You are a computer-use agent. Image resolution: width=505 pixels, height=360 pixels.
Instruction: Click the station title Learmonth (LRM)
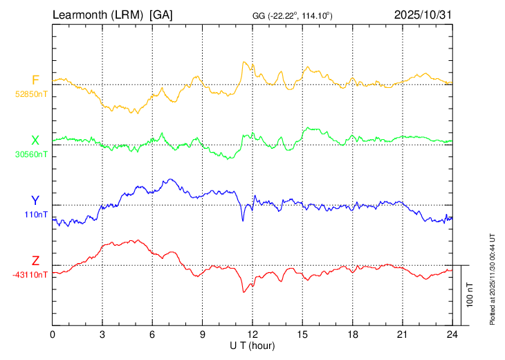(x=98, y=15)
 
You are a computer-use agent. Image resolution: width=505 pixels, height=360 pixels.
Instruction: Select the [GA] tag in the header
(x=161, y=15)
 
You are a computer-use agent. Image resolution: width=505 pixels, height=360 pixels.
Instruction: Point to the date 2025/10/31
(x=422, y=15)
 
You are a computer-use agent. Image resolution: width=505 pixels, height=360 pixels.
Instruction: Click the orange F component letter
(x=35, y=80)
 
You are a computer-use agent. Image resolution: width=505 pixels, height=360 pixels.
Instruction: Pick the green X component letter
(x=35, y=141)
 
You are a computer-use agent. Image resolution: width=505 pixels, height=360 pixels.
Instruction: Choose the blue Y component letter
(x=35, y=201)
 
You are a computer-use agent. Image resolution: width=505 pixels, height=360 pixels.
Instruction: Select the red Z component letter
(x=35, y=261)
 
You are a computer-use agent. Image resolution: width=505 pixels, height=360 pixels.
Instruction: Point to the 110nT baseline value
(x=36, y=215)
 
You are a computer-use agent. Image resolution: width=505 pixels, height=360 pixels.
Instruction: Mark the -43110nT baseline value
(x=30, y=275)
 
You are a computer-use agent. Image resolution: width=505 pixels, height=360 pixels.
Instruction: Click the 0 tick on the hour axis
(x=53, y=334)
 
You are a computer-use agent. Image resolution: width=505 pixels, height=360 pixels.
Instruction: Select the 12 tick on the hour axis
(x=252, y=334)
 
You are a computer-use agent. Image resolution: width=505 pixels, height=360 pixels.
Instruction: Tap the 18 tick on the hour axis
(x=352, y=334)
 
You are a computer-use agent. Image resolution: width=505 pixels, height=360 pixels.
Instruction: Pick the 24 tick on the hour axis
(x=452, y=334)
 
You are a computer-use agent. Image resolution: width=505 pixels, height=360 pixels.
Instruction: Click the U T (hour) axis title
(x=252, y=345)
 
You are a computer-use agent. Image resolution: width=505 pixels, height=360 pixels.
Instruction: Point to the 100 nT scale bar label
(x=470, y=295)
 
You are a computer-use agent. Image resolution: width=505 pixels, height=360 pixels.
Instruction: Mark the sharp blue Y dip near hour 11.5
(x=243, y=220)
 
